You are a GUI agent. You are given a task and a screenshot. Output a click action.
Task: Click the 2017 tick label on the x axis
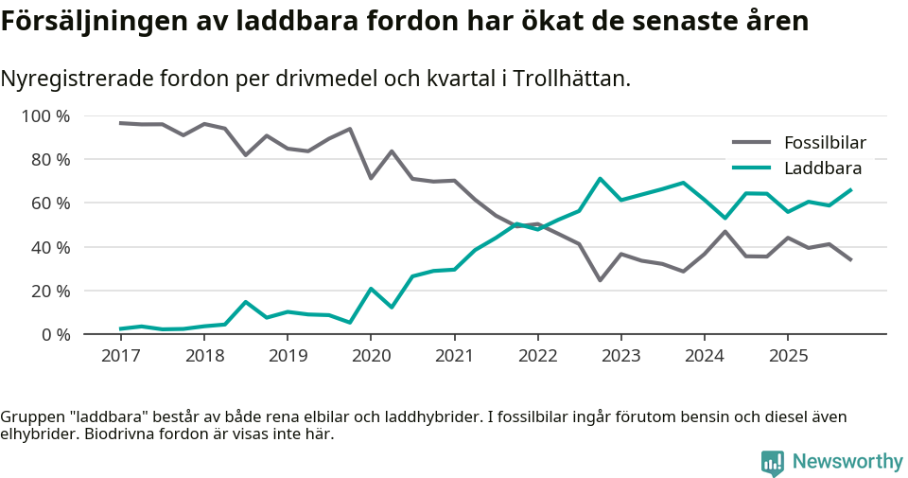[x=120, y=355]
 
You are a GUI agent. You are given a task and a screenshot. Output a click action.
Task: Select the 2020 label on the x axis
[x=371, y=355]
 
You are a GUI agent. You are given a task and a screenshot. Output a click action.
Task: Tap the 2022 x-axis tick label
[x=537, y=355]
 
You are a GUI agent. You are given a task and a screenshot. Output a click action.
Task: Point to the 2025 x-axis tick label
[x=788, y=355]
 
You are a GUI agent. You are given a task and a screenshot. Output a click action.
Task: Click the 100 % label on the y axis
[x=44, y=116]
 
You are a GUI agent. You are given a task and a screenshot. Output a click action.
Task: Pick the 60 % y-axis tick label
[x=48, y=204]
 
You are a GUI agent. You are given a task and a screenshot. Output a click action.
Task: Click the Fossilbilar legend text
[x=825, y=144]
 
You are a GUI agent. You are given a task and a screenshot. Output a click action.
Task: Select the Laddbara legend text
[x=822, y=168]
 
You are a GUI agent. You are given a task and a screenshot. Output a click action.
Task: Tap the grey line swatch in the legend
[x=752, y=144]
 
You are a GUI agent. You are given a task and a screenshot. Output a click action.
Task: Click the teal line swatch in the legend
[x=752, y=168]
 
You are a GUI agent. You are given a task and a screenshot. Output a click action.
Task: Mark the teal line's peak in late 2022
[x=600, y=179]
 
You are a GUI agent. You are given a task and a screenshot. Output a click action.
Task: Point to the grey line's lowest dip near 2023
[x=600, y=280]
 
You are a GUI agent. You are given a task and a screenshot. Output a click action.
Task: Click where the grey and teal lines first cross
[x=525, y=225]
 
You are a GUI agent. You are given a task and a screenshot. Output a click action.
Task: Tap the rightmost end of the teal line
[x=851, y=189]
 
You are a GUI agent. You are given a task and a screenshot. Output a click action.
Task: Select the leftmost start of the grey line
[x=120, y=123]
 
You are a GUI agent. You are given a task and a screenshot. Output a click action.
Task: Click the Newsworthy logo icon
[x=772, y=462]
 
